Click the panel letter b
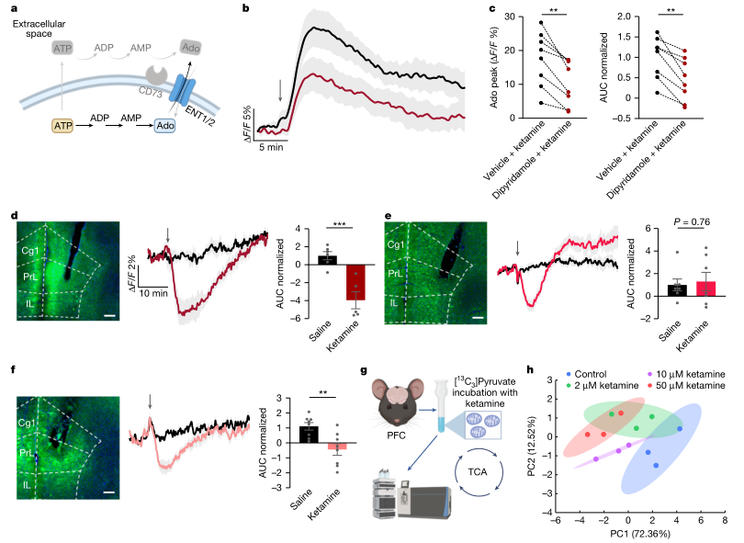(x=244, y=8)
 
